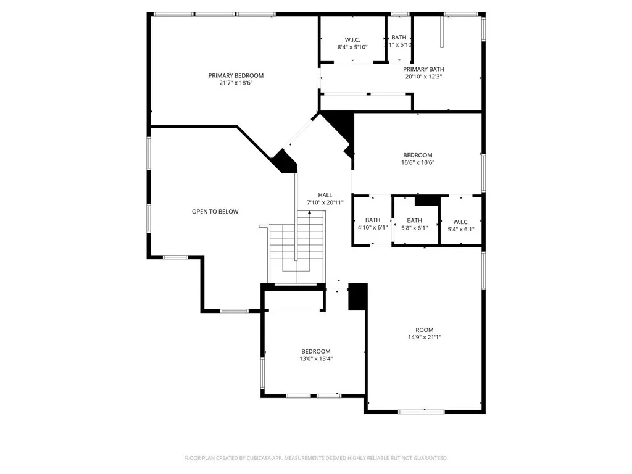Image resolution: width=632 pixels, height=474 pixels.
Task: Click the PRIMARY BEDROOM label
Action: tap(235, 75)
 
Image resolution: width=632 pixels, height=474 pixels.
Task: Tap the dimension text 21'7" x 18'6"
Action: tap(235, 83)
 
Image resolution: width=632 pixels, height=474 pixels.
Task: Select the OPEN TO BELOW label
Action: tap(215, 212)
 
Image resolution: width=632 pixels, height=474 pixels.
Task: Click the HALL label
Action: tap(325, 194)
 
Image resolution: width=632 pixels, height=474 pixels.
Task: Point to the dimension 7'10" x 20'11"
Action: tap(325, 202)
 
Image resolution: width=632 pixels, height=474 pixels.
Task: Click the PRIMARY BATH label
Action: tap(423, 69)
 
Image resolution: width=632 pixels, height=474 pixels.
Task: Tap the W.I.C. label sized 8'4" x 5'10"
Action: tap(352, 39)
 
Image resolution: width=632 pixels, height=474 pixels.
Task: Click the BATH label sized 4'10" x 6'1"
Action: tap(373, 220)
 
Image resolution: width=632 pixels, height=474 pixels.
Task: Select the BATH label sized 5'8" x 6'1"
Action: tap(414, 220)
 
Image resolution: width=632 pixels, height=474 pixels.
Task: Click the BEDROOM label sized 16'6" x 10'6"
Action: tap(418, 155)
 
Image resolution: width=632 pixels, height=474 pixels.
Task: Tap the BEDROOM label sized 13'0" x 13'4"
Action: tap(316, 351)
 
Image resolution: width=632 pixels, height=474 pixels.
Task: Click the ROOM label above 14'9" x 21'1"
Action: tap(424, 330)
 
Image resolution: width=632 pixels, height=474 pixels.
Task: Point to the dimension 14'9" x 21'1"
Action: tap(424, 337)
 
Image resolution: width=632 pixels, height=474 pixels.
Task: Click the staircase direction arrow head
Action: tap(309, 213)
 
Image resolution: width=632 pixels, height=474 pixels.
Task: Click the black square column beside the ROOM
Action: tap(357, 297)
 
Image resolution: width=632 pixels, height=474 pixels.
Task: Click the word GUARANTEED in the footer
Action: tap(428, 458)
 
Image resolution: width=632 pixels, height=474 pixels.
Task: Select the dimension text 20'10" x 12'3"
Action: tap(423, 77)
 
